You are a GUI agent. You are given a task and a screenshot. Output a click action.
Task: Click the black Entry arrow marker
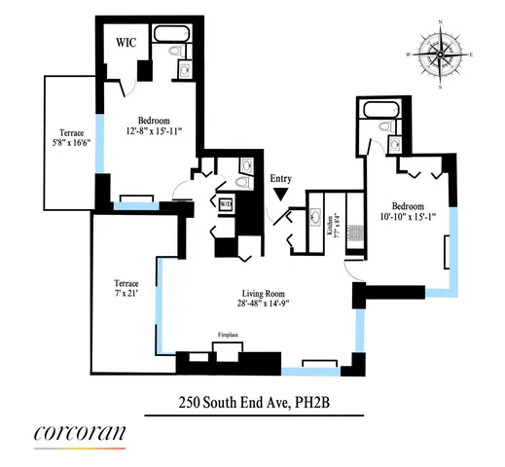[281, 195]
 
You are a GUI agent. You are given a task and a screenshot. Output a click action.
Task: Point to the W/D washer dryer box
[225, 204]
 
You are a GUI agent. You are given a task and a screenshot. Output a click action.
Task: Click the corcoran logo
[79, 434]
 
